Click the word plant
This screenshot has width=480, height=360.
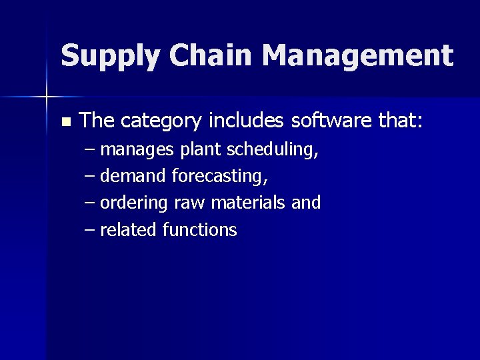[x=201, y=151]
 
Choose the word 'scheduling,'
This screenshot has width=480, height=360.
[x=272, y=151]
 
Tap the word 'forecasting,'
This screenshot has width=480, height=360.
[x=220, y=177]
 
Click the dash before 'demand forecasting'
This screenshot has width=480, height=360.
[x=90, y=177]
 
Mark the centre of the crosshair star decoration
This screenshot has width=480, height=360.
[x=47, y=97]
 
